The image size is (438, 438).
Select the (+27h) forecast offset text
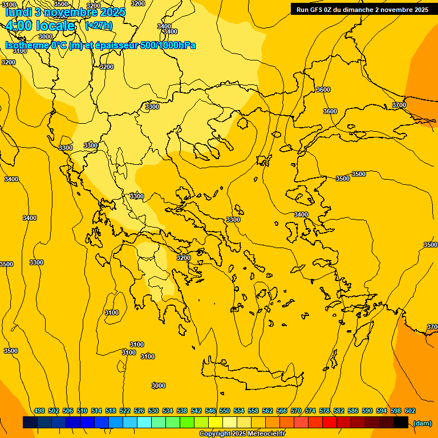[x=99, y=26]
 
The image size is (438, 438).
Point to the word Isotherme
[x=27, y=45]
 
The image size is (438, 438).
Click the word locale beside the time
[x=55, y=26]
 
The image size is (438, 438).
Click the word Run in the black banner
[x=303, y=10]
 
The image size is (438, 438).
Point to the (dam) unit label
[x=422, y=423]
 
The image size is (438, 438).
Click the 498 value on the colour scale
[x=39, y=411]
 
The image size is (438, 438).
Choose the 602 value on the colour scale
[x=410, y=411]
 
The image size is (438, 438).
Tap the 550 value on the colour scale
[x=225, y=411]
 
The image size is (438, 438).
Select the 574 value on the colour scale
[x=310, y=411]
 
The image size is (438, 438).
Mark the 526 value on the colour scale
[x=139, y=411]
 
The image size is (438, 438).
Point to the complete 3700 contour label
[x=399, y=105]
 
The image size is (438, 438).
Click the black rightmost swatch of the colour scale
[x=401, y=423]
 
